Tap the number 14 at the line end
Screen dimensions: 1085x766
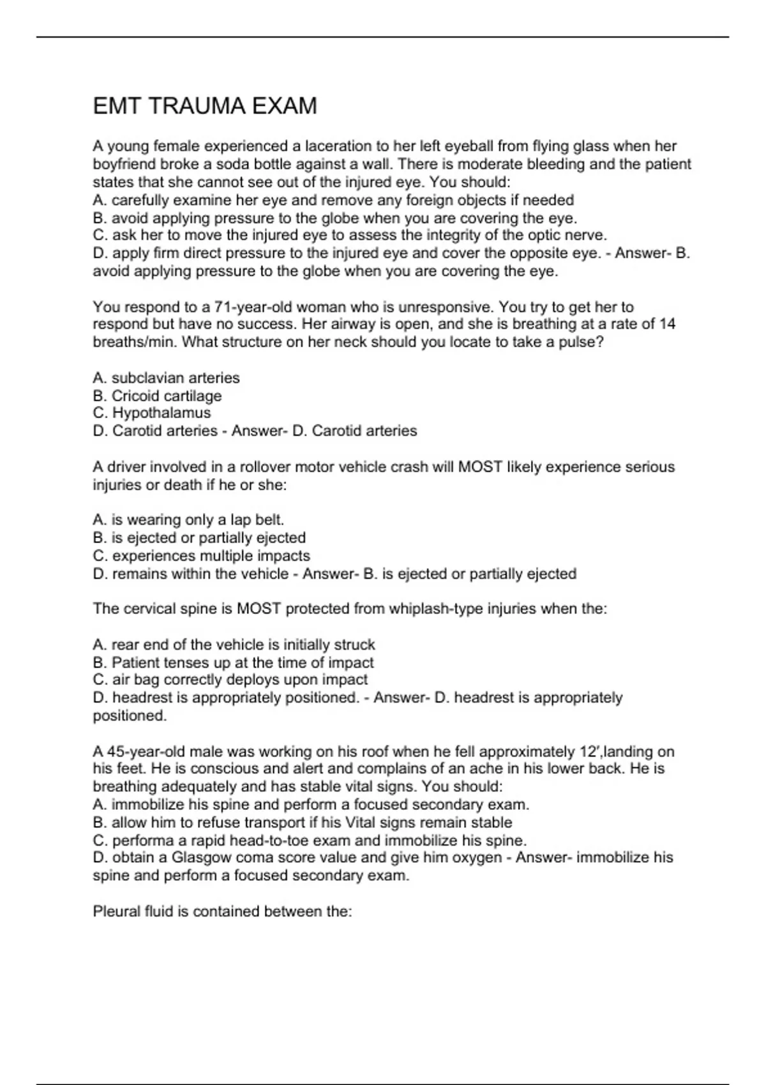(x=667, y=324)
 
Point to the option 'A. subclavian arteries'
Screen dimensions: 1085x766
(x=167, y=378)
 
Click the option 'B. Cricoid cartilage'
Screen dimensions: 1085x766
(x=158, y=396)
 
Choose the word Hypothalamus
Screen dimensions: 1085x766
(x=161, y=413)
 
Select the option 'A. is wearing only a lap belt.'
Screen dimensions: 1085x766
(x=188, y=520)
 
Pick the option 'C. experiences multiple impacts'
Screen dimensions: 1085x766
(x=202, y=555)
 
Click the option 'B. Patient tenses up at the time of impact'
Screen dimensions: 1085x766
(x=234, y=662)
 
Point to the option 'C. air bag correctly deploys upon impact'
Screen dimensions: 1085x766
(x=230, y=680)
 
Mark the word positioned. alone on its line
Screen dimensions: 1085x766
(x=130, y=715)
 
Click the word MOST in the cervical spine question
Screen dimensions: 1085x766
(x=259, y=609)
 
